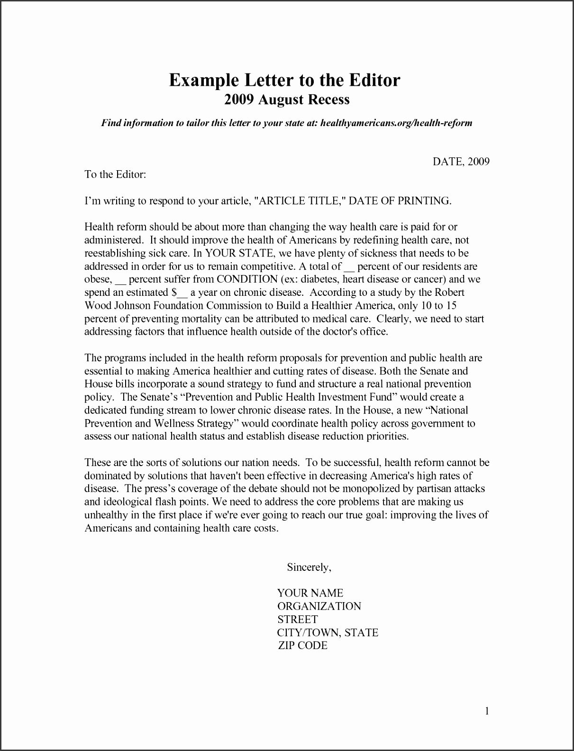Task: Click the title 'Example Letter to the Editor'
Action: [284, 80]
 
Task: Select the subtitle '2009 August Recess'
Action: [287, 100]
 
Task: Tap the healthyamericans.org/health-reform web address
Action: [396, 123]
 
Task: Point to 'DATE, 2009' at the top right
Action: [461, 162]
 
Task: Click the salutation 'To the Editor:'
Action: [115, 174]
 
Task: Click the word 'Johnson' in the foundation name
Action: [134, 305]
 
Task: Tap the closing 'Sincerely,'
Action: [309, 567]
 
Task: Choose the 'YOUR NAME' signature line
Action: [310, 593]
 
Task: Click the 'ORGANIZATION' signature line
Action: [319, 606]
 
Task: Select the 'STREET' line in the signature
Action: [297, 620]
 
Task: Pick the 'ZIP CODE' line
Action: [303, 646]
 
